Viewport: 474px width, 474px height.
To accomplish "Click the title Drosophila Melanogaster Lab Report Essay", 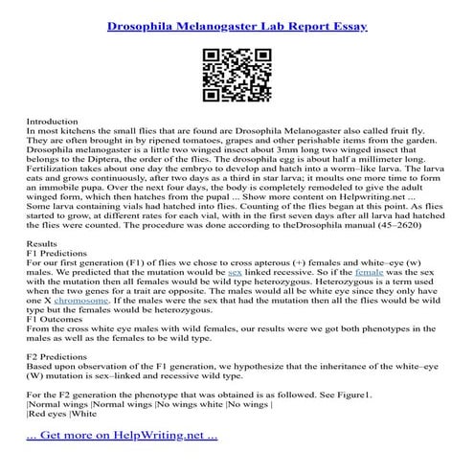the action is (237, 17).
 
